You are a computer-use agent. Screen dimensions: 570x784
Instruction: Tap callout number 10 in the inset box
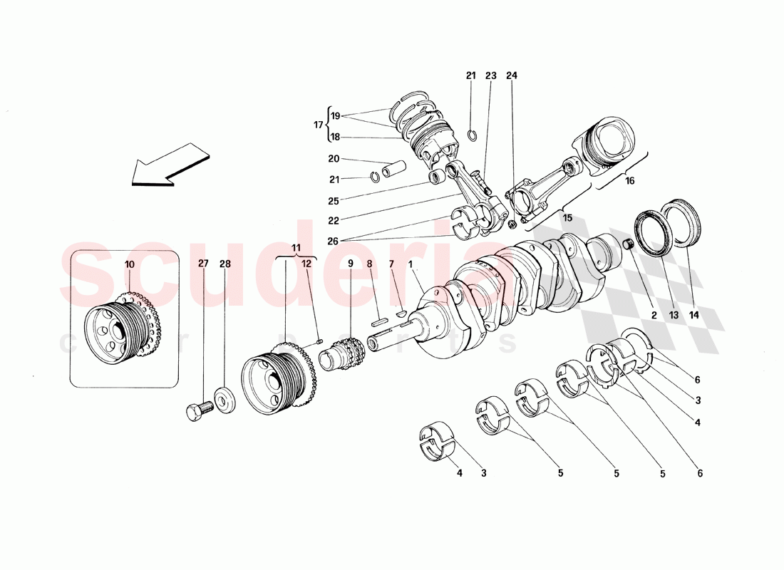click(x=129, y=264)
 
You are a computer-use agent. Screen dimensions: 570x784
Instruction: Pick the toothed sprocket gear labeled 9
click(x=347, y=352)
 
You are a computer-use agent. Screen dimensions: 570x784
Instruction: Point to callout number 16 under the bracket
click(x=629, y=181)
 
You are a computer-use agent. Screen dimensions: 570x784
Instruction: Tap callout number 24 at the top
click(x=512, y=76)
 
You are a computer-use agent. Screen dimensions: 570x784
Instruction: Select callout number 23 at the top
click(x=491, y=76)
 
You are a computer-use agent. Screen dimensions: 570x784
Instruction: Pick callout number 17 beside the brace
click(x=318, y=125)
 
